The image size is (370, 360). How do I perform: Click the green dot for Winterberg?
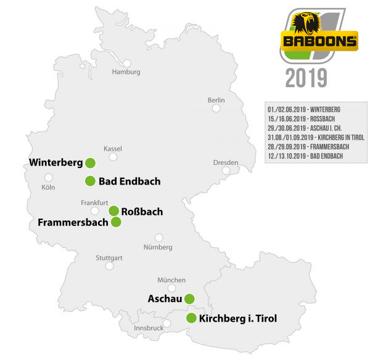pyautogui.click(x=90, y=163)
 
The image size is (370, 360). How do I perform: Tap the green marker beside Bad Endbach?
pyautogui.click(x=90, y=181)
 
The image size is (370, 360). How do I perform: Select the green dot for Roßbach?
pyautogui.click(x=114, y=211)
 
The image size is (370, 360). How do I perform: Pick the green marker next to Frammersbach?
pyautogui.click(x=116, y=222)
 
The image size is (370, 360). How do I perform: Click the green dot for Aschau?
pyautogui.click(x=189, y=299)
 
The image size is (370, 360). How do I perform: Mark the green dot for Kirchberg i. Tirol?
pyautogui.click(x=191, y=319)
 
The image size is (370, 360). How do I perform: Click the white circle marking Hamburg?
pyautogui.click(x=127, y=63)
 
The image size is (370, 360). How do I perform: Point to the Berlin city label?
pyautogui.click(x=216, y=99)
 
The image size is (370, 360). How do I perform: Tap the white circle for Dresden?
pyautogui.click(x=226, y=170)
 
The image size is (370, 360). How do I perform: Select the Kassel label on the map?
pyautogui.click(x=113, y=149)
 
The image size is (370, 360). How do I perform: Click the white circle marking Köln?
pyautogui.click(x=49, y=177)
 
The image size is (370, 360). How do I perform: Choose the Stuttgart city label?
pyautogui.click(x=109, y=257)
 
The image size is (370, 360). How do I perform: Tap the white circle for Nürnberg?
pyautogui.click(x=159, y=237)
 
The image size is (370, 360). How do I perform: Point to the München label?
pyautogui.click(x=171, y=280)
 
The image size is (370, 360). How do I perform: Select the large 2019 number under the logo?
pyautogui.click(x=306, y=78)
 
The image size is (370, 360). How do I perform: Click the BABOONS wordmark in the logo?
pyautogui.click(x=319, y=42)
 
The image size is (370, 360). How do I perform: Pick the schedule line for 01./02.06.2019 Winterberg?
pyautogui.click(x=304, y=109)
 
